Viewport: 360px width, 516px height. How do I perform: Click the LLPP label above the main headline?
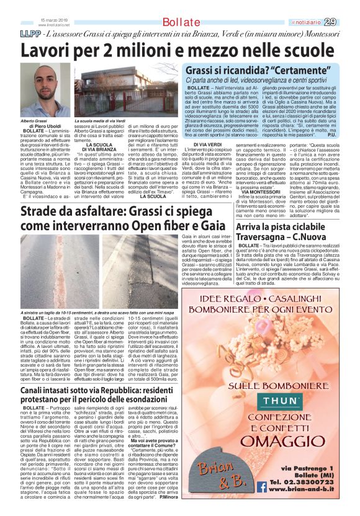point(14,32)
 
